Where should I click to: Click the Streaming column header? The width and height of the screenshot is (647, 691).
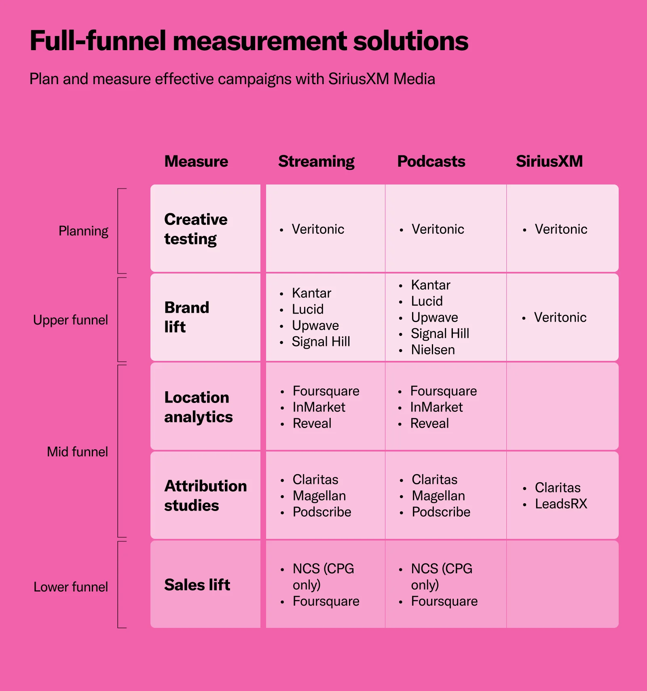(316, 161)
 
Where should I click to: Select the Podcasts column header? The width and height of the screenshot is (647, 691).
(431, 161)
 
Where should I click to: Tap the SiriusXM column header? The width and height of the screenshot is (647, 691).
(549, 161)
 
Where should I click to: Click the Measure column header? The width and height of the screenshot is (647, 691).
(196, 161)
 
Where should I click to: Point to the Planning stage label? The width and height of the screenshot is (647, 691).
(83, 231)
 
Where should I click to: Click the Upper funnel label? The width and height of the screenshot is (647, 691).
(70, 320)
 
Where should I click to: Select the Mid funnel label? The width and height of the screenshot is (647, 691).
(77, 451)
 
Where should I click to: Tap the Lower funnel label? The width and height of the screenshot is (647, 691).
(70, 587)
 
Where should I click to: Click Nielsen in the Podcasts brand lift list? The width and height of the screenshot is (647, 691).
(433, 350)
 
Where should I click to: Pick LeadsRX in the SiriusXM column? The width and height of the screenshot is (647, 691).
(560, 504)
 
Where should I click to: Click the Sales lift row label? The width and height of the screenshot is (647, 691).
(197, 585)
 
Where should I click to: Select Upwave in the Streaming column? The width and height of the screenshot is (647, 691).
(315, 325)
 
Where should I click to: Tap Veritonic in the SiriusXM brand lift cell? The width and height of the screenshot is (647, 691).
(560, 317)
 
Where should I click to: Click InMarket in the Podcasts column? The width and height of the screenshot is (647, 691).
(436, 407)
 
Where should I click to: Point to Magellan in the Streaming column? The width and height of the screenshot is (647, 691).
(319, 496)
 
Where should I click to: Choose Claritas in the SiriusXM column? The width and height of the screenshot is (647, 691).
(557, 488)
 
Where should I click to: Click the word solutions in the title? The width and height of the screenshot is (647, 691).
(410, 41)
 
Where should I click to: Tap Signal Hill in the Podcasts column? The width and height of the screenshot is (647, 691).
(440, 333)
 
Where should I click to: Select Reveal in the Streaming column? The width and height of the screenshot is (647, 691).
(312, 423)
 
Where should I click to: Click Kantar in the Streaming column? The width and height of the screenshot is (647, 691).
(311, 293)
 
